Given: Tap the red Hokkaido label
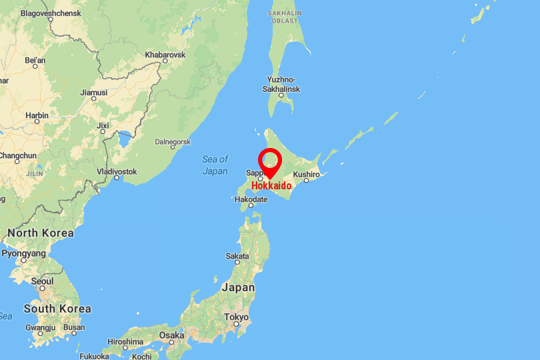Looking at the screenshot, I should point(271,185).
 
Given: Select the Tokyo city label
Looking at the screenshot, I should point(236,317).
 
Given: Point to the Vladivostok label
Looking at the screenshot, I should point(117,171).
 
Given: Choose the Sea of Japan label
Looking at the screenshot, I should point(215,165).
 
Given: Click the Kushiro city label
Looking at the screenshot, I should point(307,174).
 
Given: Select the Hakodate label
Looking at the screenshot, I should point(251,199).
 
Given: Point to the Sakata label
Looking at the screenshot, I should point(237,255).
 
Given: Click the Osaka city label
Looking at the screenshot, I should point(171,335).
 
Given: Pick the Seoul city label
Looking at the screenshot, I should point(42,281).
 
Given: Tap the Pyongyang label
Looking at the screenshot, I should point(24,253).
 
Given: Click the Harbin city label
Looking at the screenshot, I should point(37,115).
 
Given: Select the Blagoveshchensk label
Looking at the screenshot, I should point(50,13).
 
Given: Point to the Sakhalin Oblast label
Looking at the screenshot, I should point(285,16).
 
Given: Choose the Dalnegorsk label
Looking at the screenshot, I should point(173,141).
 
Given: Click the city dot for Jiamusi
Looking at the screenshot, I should point(93,98).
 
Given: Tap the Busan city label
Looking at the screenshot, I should point(74,327).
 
